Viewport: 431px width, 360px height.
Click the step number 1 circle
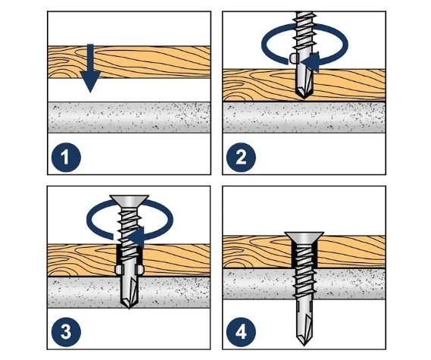tap(66, 158)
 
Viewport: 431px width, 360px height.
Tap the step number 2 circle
tap(241, 158)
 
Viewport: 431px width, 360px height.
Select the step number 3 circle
tap(66, 332)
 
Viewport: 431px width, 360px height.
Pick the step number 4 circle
tap(241, 332)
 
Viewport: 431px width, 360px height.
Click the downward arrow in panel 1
tap(90, 68)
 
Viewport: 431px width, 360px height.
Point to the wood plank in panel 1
tap(130, 62)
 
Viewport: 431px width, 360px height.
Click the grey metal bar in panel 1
tap(130, 117)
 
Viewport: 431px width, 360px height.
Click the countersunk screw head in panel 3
tap(130, 202)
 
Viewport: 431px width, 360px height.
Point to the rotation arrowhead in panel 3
tap(136, 236)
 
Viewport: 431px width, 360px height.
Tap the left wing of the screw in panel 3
tap(118, 270)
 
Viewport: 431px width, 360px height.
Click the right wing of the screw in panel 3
tap(140, 270)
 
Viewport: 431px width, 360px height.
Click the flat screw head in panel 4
tap(305, 238)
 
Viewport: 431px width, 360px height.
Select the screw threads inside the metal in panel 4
tap(305, 284)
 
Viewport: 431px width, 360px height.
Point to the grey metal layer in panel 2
tap(305, 117)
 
